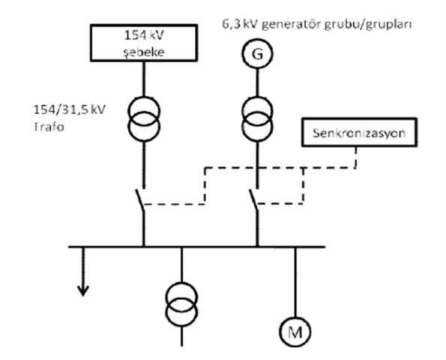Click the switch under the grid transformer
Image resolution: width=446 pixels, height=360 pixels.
coord(140,200)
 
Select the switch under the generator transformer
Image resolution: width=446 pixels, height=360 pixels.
coord(253,200)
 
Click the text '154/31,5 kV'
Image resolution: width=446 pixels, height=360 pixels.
coord(70,109)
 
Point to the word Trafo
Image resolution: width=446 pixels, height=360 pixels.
coord(49,127)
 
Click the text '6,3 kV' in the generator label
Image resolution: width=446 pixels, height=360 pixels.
coord(240,24)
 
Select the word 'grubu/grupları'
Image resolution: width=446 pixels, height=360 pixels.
coord(368,25)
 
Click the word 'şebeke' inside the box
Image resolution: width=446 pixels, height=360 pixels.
coord(144,52)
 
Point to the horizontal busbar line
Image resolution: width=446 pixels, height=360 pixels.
coord(196,247)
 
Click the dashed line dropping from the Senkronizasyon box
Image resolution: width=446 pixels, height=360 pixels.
coord(356,157)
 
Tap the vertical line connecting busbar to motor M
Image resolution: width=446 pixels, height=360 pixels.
coord(295,282)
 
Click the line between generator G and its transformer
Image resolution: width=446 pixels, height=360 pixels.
coord(257,82)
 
